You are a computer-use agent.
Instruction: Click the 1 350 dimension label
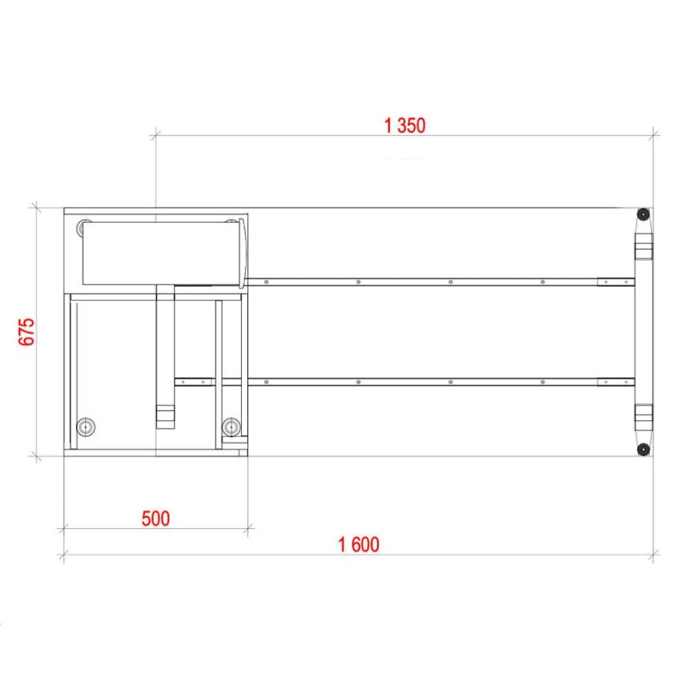click(405, 126)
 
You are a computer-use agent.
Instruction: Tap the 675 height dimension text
click(27, 332)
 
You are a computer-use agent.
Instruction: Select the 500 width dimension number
click(156, 518)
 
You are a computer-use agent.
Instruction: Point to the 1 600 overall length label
click(358, 544)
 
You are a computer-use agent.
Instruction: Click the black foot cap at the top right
click(642, 214)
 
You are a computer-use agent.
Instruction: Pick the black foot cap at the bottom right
click(642, 450)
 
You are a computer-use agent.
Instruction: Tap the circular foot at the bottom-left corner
click(85, 426)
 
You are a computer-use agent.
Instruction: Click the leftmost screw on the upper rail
click(266, 282)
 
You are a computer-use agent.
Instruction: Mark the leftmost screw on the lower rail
click(183, 382)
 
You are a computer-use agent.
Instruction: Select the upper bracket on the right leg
click(643, 246)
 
